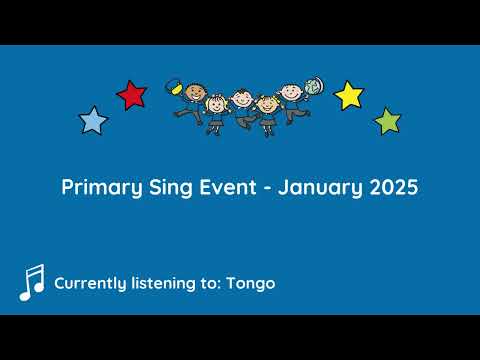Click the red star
(131, 95)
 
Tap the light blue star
(93, 121)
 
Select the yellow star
(348, 95)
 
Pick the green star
(387, 122)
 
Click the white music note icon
(31, 283)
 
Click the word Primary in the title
(97, 187)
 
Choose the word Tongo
(250, 283)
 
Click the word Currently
(92, 283)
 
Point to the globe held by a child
(313, 87)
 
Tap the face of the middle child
(241, 98)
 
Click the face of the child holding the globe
(290, 91)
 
